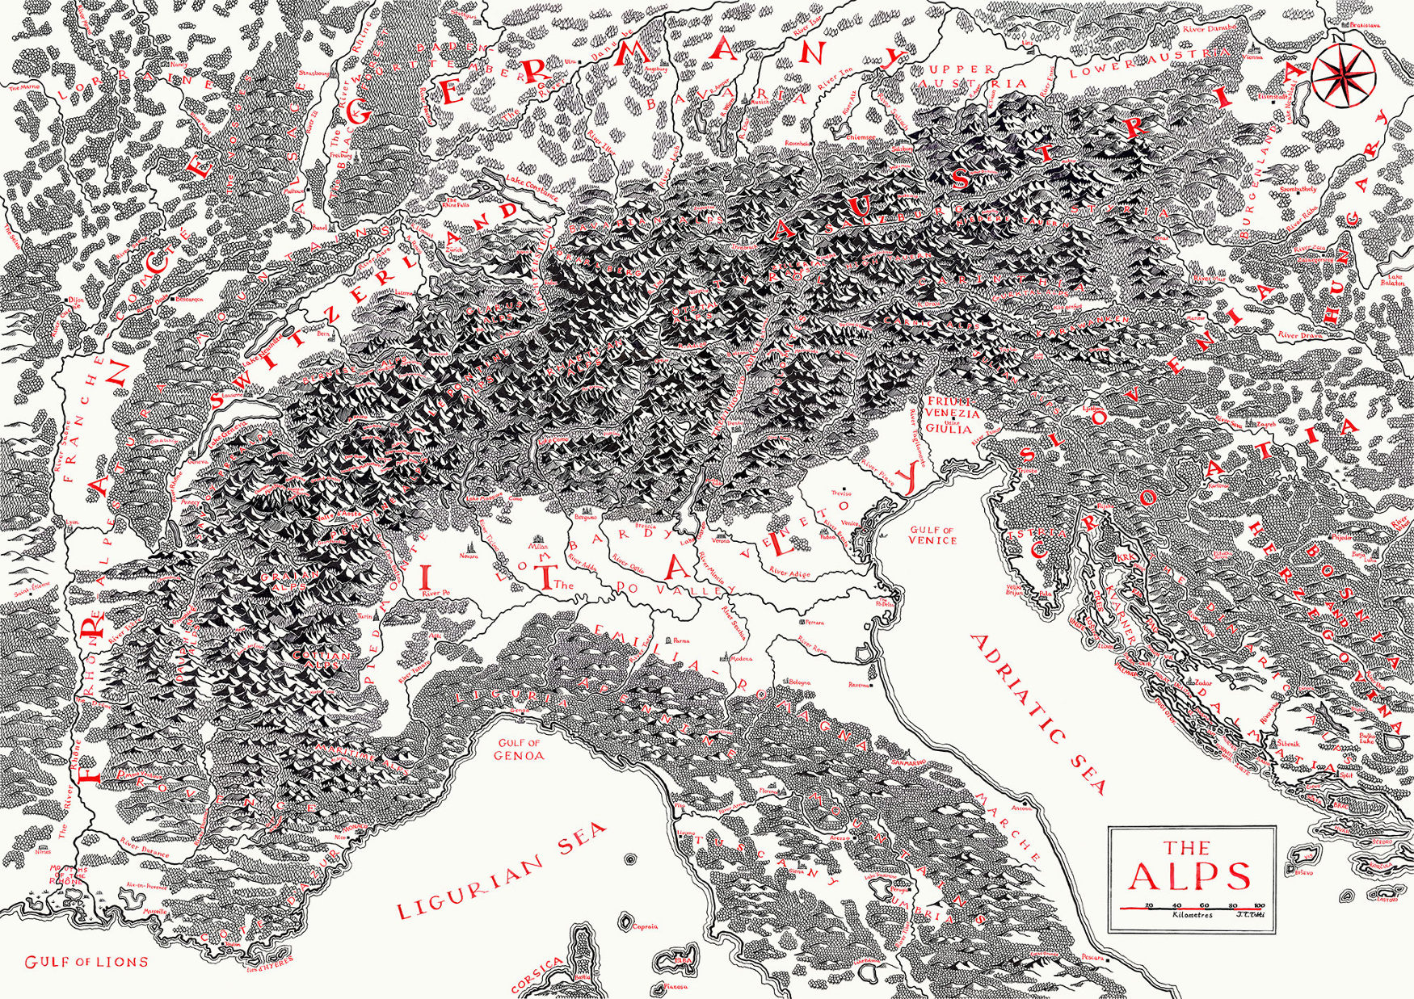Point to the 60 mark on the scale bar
[1204, 905]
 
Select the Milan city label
[538, 546]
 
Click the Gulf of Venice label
[932, 535]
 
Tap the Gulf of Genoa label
[520, 749]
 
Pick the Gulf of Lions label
[86, 962]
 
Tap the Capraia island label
[646, 926]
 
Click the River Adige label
[789, 572]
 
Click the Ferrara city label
[814, 623]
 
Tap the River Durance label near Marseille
[145, 847]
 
